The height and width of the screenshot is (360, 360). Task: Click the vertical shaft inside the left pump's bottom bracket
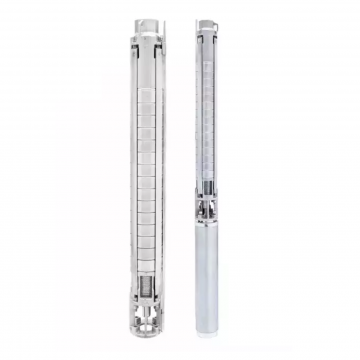[x=149, y=318]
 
